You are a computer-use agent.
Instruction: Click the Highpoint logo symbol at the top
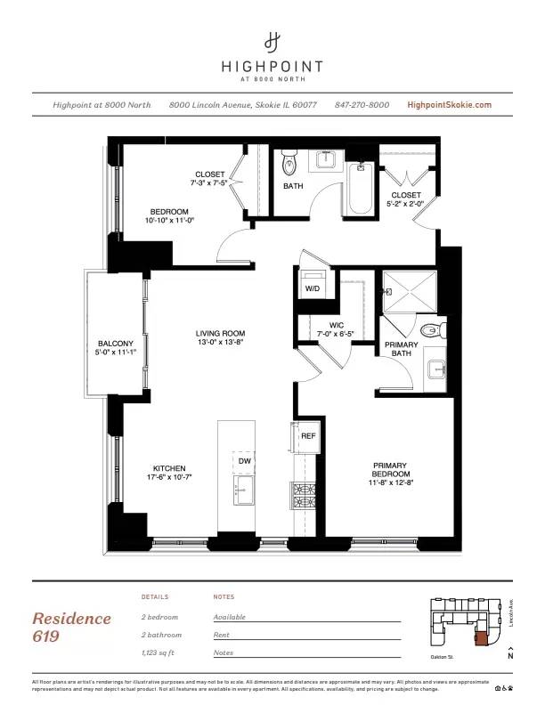(272, 41)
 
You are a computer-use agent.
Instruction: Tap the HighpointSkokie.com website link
(449, 105)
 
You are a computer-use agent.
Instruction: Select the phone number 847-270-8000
(362, 105)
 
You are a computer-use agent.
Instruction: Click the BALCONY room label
(116, 348)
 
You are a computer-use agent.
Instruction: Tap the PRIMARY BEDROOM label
(390, 470)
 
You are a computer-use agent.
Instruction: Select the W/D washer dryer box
(313, 288)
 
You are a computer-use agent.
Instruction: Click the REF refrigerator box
(307, 437)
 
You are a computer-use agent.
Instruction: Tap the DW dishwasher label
(244, 461)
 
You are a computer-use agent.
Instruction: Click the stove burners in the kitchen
(305, 491)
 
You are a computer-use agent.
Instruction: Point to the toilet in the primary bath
(431, 330)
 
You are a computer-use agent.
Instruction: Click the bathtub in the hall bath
(360, 190)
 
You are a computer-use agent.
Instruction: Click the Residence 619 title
(71, 626)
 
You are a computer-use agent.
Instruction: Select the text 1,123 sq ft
(161, 652)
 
